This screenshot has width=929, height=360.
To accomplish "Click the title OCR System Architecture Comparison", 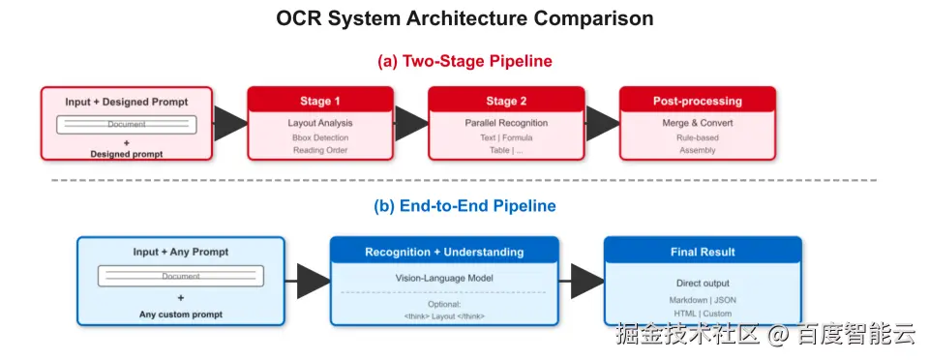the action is (464, 18).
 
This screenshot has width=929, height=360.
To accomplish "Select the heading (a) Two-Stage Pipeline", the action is (464, 62).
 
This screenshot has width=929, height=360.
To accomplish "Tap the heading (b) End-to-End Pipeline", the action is (464, 206).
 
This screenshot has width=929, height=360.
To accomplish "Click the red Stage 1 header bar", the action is (320, 100).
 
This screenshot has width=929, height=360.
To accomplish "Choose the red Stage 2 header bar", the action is (506, 100).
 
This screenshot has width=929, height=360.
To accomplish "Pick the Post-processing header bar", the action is (698, 100).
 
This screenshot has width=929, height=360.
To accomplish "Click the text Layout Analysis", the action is (320, 123).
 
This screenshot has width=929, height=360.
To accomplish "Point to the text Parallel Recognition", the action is (506, 123).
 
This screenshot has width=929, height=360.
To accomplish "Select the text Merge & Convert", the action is (698, 123).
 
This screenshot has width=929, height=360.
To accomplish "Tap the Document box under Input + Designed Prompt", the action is (126, 124).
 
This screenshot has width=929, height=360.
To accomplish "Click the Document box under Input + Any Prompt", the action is (181, 276).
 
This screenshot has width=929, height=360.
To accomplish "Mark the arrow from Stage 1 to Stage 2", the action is (410, 124).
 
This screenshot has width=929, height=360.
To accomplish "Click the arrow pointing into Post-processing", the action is (602, 124).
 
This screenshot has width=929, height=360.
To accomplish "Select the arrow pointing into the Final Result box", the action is (581, 282).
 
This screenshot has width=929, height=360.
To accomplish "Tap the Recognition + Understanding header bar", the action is (444, 251).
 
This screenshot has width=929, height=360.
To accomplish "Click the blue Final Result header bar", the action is (703, 251).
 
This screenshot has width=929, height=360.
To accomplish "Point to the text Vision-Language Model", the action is (444, 278).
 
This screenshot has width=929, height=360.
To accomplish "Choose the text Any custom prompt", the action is (181, 315).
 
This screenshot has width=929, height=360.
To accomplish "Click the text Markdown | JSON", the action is (703, 300).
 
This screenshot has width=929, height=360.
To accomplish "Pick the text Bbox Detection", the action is (320, 137).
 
